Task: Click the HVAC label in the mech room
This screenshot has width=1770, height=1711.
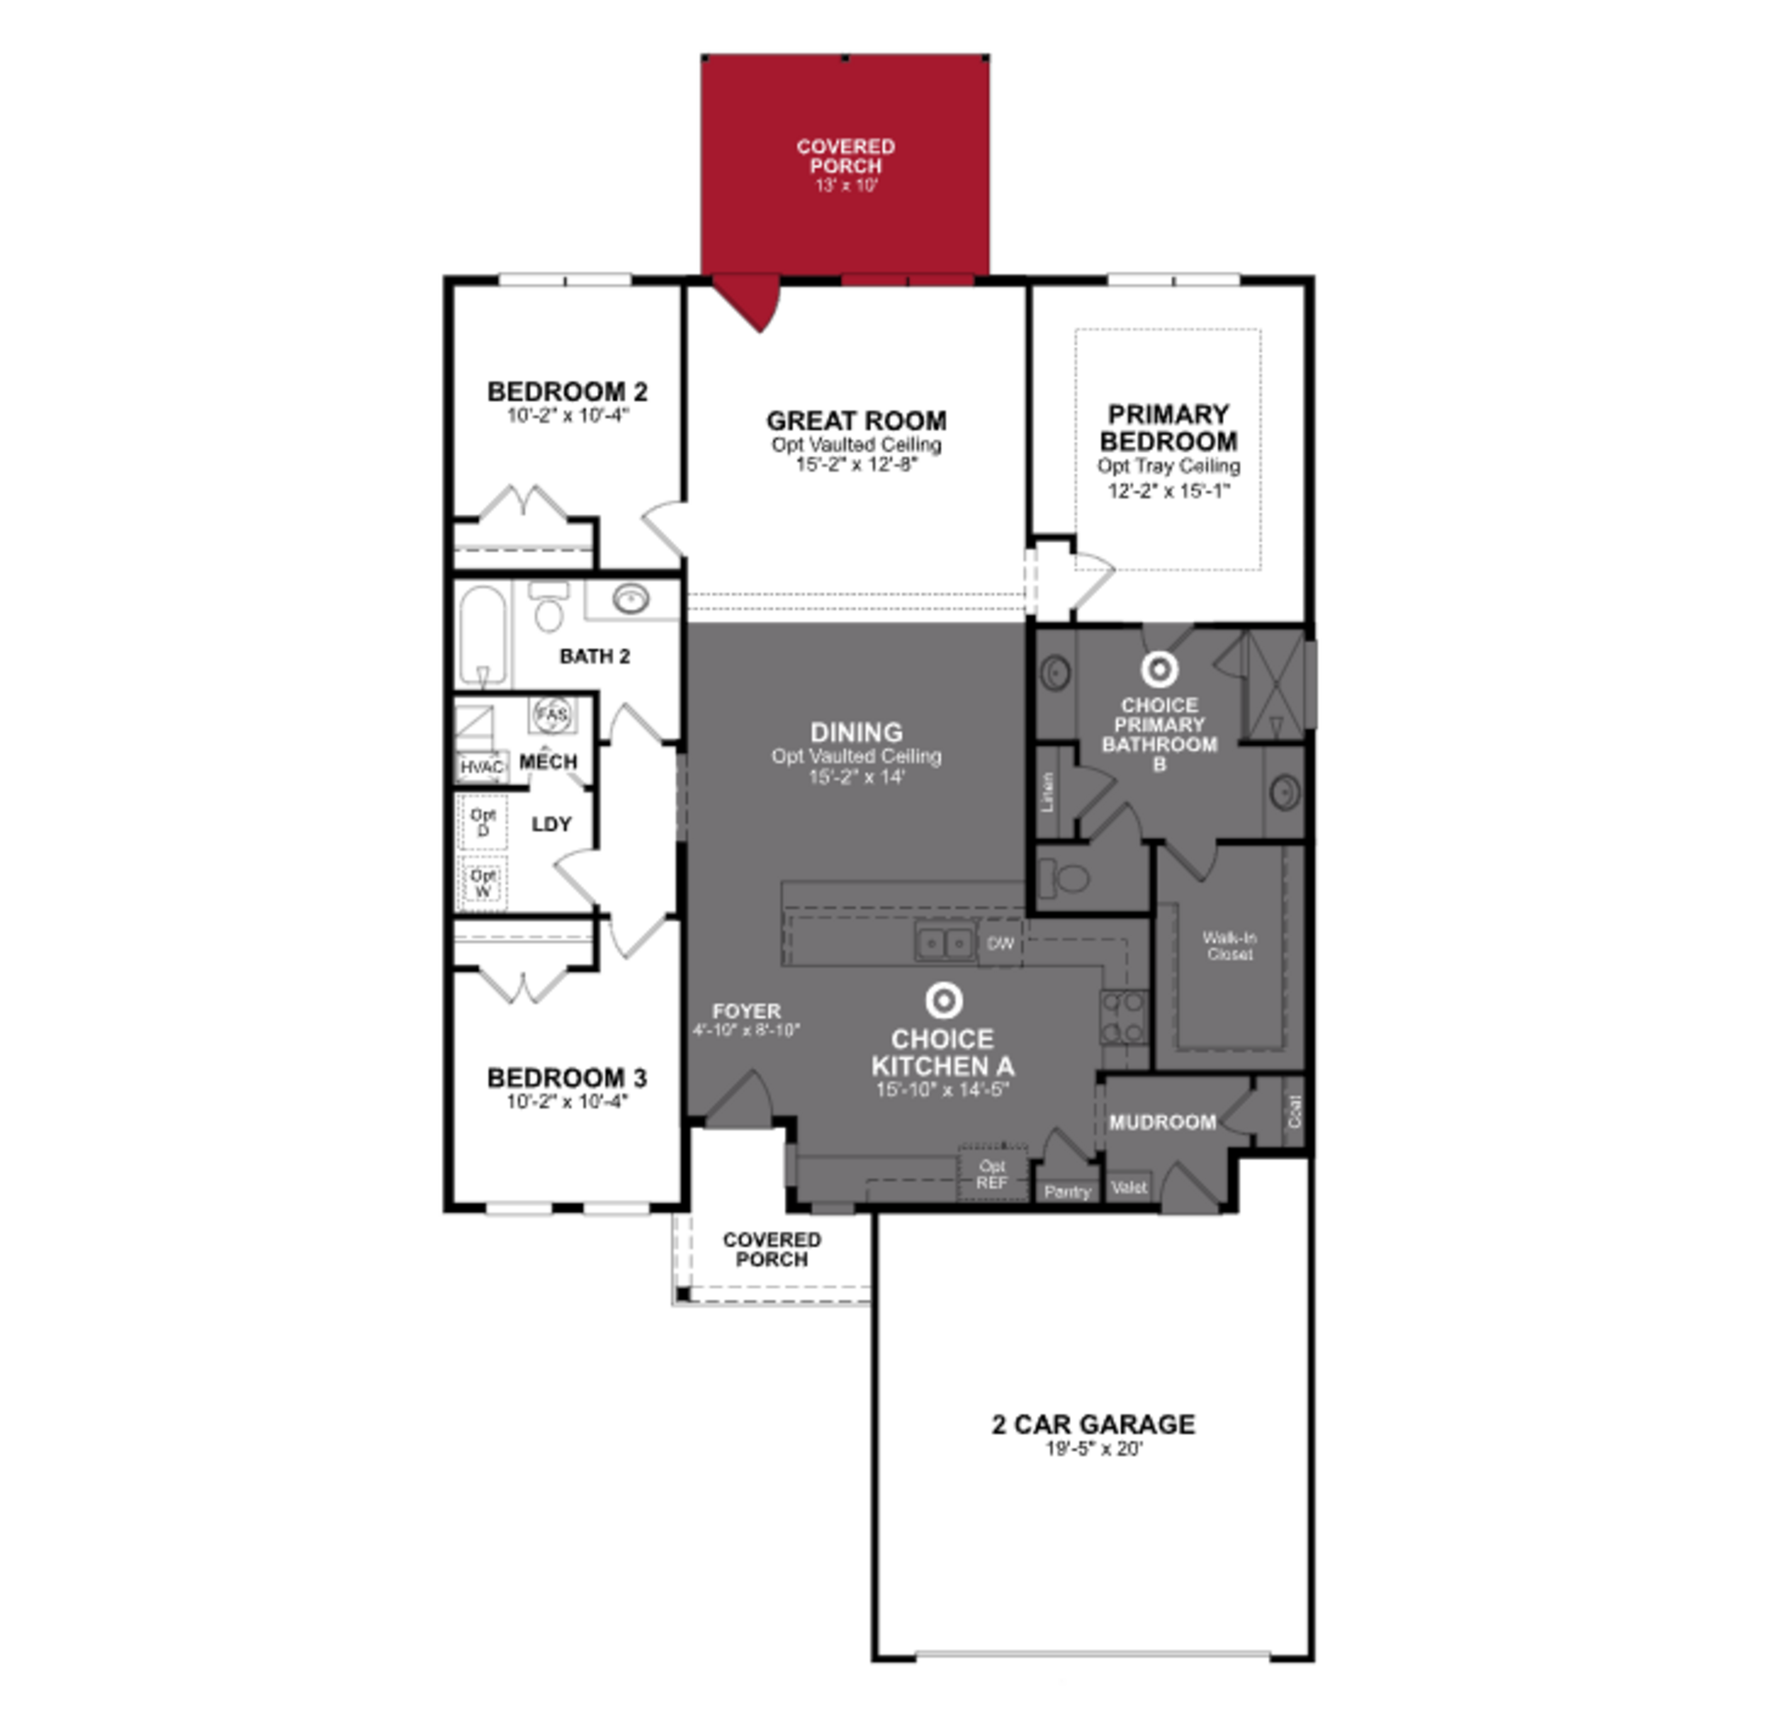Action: click(481, 767)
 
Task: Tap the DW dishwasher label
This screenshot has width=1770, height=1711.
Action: click(1000, 944)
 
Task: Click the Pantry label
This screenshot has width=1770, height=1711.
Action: click(1067, 1192)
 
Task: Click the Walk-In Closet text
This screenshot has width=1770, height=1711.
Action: click(1229, 945)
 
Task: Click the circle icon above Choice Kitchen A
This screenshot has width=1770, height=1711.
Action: click(944, 1000)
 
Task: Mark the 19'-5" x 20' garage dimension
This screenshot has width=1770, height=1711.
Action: click(1094, 1449)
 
